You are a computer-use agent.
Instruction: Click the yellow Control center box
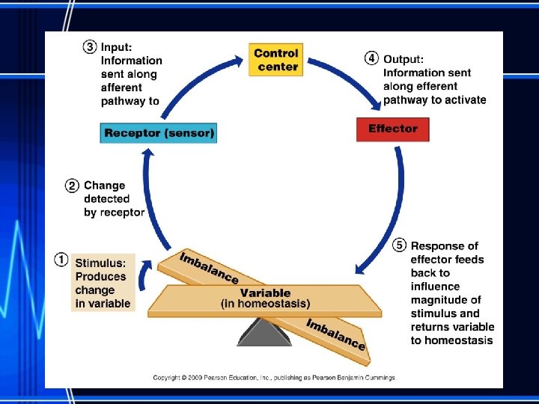(x=276, y=60)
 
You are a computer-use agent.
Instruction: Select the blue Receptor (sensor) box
(x=159, y=133)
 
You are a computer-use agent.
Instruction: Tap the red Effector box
(x=392, y=129)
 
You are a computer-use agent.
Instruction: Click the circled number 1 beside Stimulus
(x=62, y=260)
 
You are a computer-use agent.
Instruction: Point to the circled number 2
(x=73, y=186)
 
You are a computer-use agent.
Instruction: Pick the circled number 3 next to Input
(x=90, y=46)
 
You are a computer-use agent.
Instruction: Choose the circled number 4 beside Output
(x=371, y=59)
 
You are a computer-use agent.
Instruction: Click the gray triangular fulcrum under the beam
(x=264, y=331)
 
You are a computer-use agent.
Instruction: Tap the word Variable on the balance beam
(x=265, y=293)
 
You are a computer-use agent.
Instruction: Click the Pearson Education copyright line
(x=274, y=378)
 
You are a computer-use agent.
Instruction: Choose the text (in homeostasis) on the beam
(x=265, y=303)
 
